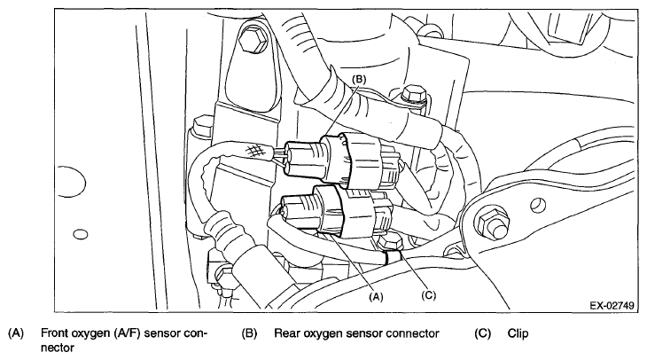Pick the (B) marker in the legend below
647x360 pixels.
pos(249,334)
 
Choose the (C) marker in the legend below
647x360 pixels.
pos(483,334)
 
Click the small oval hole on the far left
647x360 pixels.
pos(81,233)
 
